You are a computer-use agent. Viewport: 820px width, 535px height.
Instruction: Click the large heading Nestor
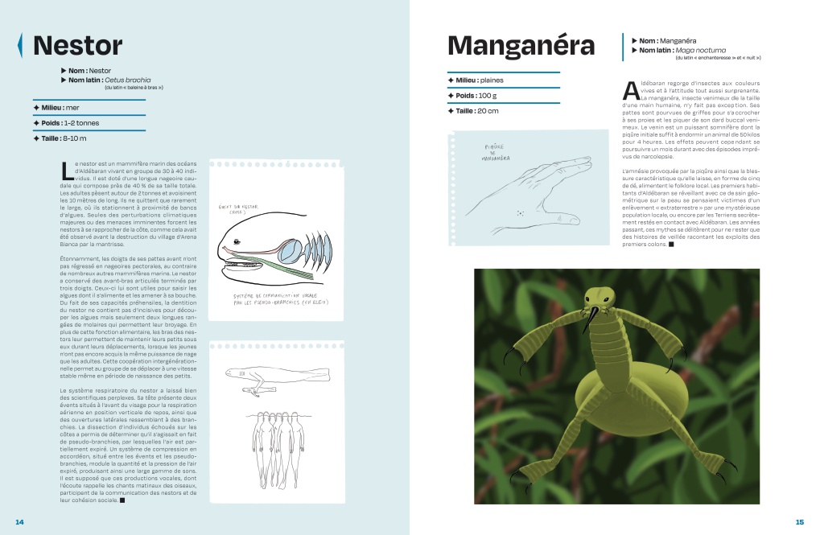pyautogui.click(x=77, y=45)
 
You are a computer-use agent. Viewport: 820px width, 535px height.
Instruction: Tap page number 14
pyautogui.click(x=20, y=521)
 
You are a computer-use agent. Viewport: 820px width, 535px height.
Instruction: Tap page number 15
pyautogui.click(x=799, y=521)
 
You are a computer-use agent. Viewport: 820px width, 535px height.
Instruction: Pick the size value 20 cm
pyautogui.click(x=488, y=111)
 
